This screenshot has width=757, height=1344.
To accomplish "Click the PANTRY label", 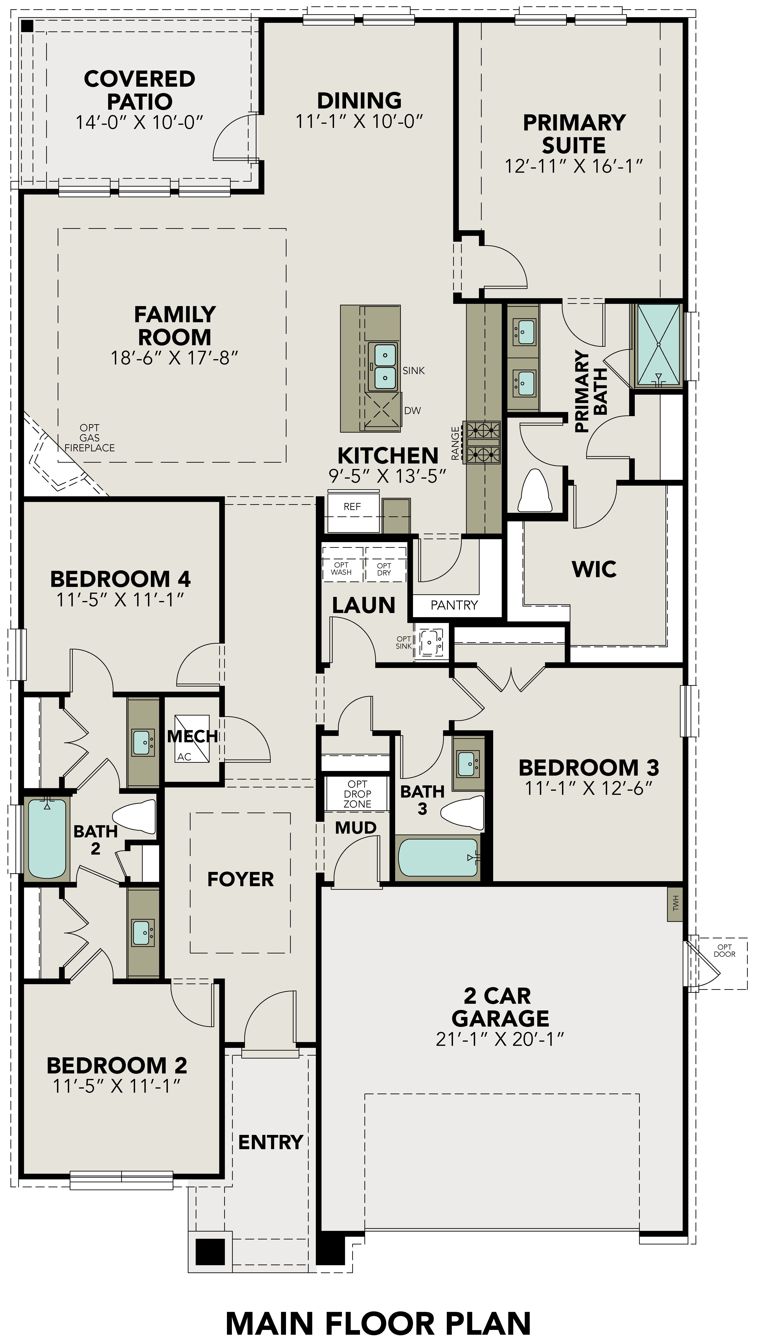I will coord(454,605).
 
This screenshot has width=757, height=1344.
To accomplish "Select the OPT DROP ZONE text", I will coord(357,794).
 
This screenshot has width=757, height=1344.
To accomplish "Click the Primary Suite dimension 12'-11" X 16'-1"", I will coord(573,166).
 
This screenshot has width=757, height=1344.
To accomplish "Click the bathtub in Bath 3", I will coord(438,857).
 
